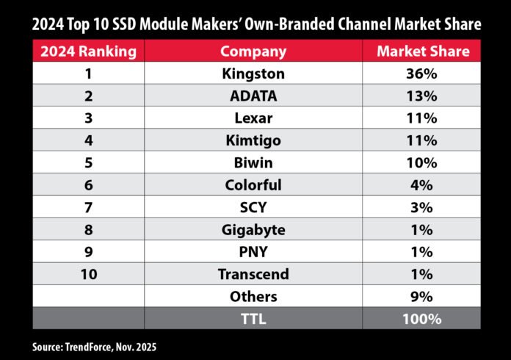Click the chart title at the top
255,24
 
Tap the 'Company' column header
253,51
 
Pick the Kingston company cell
253,74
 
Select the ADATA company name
253,96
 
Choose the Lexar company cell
253,119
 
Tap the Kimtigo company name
253,141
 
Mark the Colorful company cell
253,185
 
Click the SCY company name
253,208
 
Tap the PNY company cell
253,252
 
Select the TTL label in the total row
253,319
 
